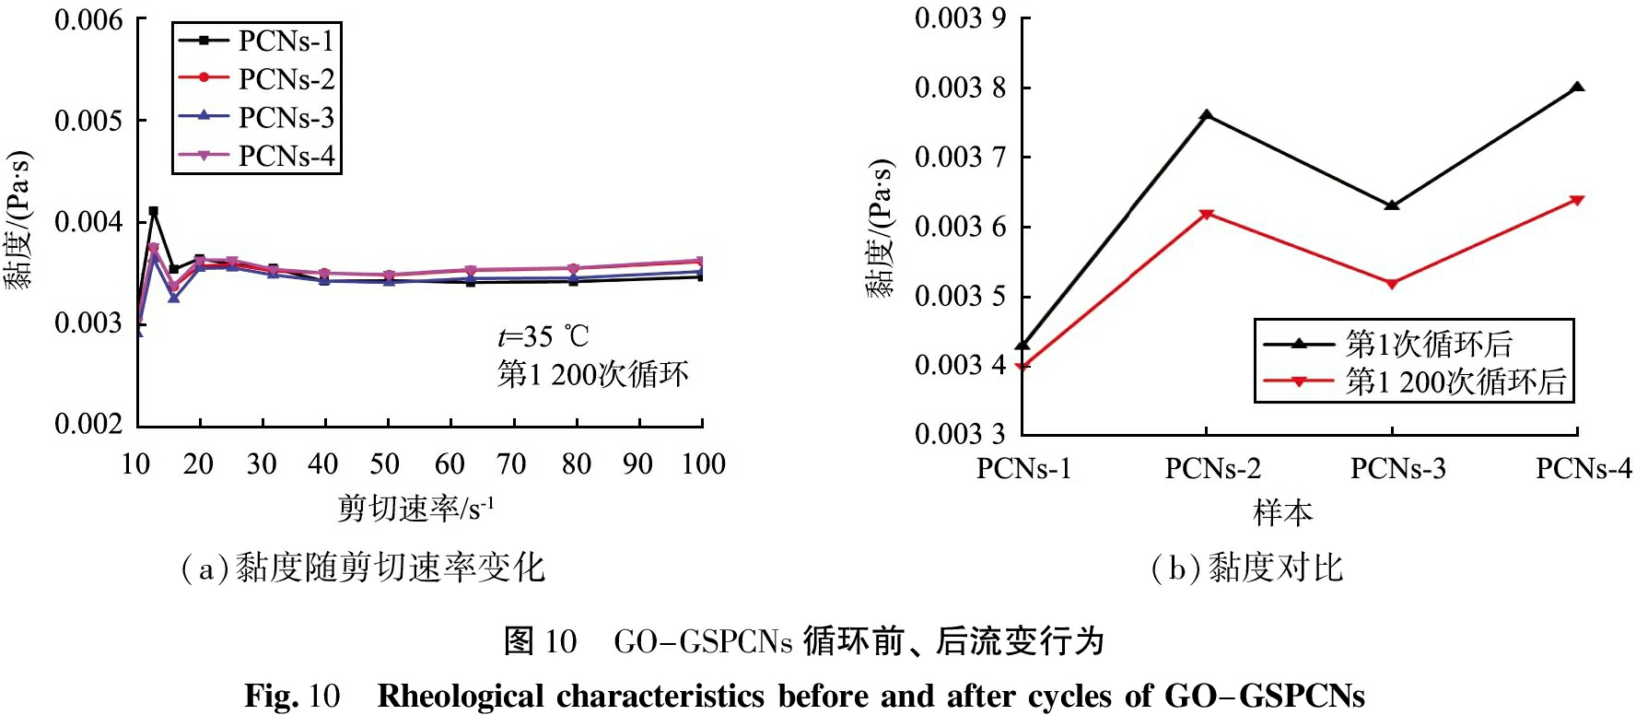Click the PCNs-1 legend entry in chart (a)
(286, 41)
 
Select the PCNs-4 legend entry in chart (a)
(286, 157)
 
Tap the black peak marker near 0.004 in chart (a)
(153, 211)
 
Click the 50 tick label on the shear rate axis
(385, 464)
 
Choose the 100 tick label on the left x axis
(703, 464)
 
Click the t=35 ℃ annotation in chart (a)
(543, 337)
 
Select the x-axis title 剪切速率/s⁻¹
(415, 508)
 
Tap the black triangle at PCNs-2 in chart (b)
(1207, 115)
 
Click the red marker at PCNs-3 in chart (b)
(1392, 284)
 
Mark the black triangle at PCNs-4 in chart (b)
(1577, 88)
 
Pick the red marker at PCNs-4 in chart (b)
(1577, 200)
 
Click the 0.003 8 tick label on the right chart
(960, 88)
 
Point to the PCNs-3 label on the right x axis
(1397, 470)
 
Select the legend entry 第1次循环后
(1429, 344)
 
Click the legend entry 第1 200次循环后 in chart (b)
(1455, 381)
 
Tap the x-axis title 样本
(1282, 512)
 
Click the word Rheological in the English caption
(461, 696)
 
